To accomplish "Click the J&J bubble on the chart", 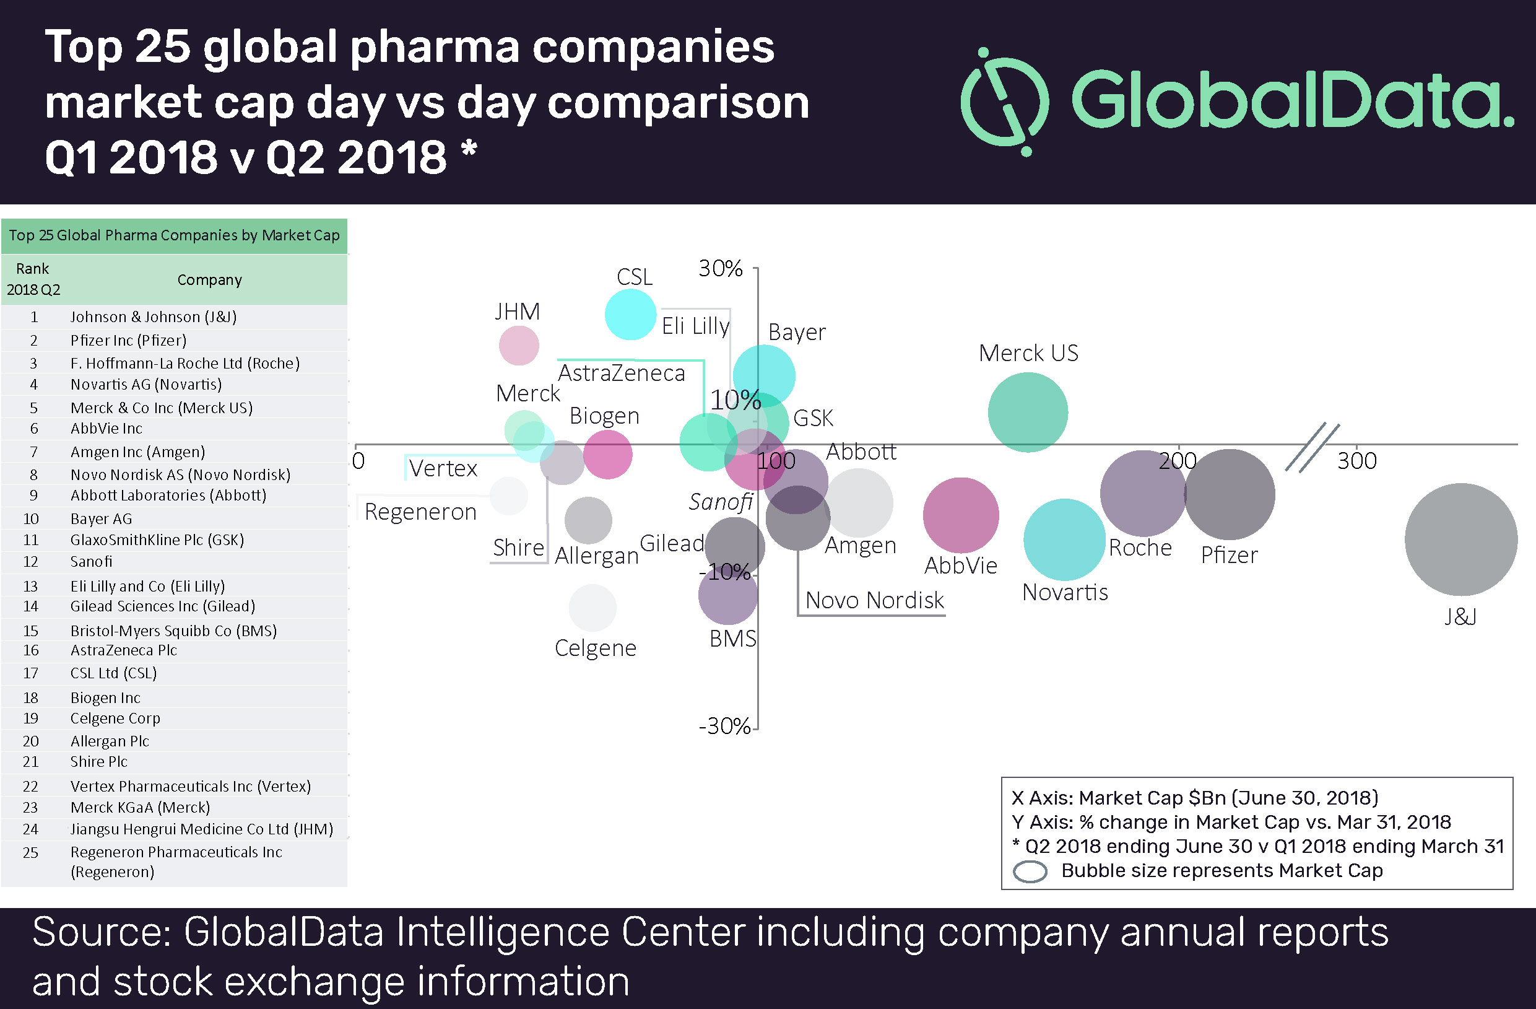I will tap(1460, 539).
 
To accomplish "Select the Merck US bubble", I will tap(1028, 412).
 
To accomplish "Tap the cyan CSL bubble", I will tap(630, 315).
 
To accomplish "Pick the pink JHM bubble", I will tap(518, 346).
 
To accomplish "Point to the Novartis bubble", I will tap(1064, 539).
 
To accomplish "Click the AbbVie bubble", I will tap(960, 515).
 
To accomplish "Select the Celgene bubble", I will tap(592, 608).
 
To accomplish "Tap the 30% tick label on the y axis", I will tap(720, 269).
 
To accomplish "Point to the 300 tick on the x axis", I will tap(1356, 461).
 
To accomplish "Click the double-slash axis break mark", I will tap(1312, 447).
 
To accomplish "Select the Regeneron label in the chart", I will tap(420, 512).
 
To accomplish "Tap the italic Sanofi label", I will tap(720, 502).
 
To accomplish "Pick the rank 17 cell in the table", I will tap(31, 673).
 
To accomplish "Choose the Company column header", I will tap(209, 280).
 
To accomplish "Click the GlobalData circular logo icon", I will tap(1005, 102).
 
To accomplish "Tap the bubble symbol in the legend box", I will tap(1030, 871).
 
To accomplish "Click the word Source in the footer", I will tap(101, 933).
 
